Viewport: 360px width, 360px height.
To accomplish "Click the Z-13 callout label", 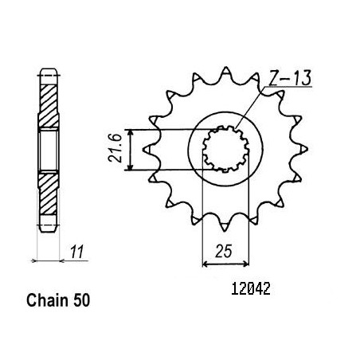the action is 290,78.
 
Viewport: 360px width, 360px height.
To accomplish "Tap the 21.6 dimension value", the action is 115,148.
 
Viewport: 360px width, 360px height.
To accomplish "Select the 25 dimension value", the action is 224,251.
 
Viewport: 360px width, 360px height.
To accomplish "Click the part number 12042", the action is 251,288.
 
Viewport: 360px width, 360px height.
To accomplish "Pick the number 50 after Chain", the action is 81,300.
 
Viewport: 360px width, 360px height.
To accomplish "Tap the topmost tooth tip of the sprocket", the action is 225,67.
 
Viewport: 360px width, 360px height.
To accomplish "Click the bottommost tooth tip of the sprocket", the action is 225,231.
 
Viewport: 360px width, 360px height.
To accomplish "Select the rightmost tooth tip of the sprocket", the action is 307,149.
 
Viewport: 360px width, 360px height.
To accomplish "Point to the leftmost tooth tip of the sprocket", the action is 143,150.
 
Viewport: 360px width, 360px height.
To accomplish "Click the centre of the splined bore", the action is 225,149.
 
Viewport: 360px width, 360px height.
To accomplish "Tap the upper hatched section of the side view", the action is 49,106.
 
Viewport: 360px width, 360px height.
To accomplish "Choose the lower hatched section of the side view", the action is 49,194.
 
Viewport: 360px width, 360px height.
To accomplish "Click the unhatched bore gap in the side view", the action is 49,151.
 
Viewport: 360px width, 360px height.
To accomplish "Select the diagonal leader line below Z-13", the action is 250,108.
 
